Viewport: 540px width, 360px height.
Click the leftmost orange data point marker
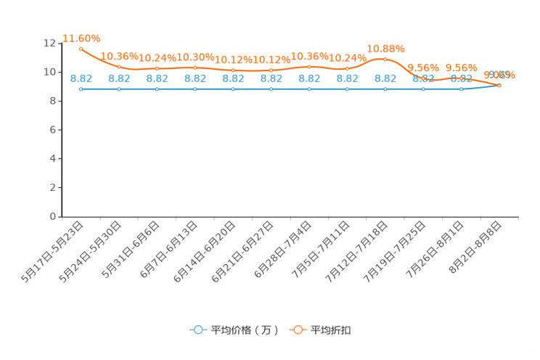pyautogui.click(x=81, y=49)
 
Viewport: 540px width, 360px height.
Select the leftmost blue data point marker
pyautogui.click(x=81, y=89)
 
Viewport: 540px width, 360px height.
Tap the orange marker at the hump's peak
pyautogui.click(x=385, y=60)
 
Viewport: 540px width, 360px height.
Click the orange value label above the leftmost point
pyautogui.click(x=81, y=38)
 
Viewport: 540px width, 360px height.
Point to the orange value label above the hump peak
pyautogui.click(x=385, y=49)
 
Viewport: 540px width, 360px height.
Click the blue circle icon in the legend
pyautogui.click(x=197, y=330)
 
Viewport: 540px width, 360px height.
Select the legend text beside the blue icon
pyautogui.click(x=244, y=330)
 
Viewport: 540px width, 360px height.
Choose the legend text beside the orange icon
pyautogui.click(x=332, y=330)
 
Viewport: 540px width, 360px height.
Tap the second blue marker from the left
pyautogui.click(x=119, y=89)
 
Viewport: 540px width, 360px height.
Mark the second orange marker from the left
pyautogui.click(x=119, y=67)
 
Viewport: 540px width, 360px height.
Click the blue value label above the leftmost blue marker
pyautogui.click(x=81, y=78)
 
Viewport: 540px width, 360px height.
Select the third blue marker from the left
pyautogui.click(x=157, y=89)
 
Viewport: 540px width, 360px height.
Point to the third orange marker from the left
pyautogui.click(x=157, y=68)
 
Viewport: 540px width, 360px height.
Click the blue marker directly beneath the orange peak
pyautogui.click(x=385, y=89)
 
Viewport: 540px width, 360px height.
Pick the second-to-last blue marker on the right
pyautogui.click(x=461, y=89)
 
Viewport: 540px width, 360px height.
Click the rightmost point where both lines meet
pyautogui.click(x=499, y=86)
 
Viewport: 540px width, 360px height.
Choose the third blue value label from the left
pyautogui.click(x=157, y=78)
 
